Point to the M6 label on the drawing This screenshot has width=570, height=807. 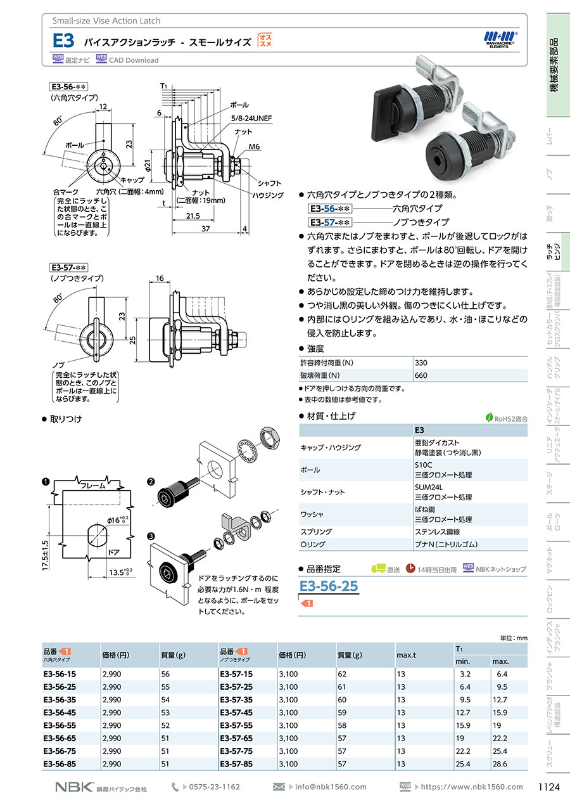[254, 146]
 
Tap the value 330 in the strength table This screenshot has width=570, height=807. [421, 363]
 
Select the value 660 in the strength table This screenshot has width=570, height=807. [421, 375]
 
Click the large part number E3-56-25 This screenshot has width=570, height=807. [329, 586]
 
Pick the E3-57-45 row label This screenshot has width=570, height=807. [236, 713]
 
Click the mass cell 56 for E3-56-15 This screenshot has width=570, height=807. [166, 674]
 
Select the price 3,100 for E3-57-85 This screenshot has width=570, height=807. [288, 765]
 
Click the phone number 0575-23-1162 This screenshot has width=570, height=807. [215, 787]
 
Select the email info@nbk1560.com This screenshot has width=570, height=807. [331, 787]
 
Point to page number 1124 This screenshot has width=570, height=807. [548, 787]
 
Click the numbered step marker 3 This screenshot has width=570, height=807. [151, 536]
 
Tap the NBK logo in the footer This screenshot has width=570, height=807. [74, 787]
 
